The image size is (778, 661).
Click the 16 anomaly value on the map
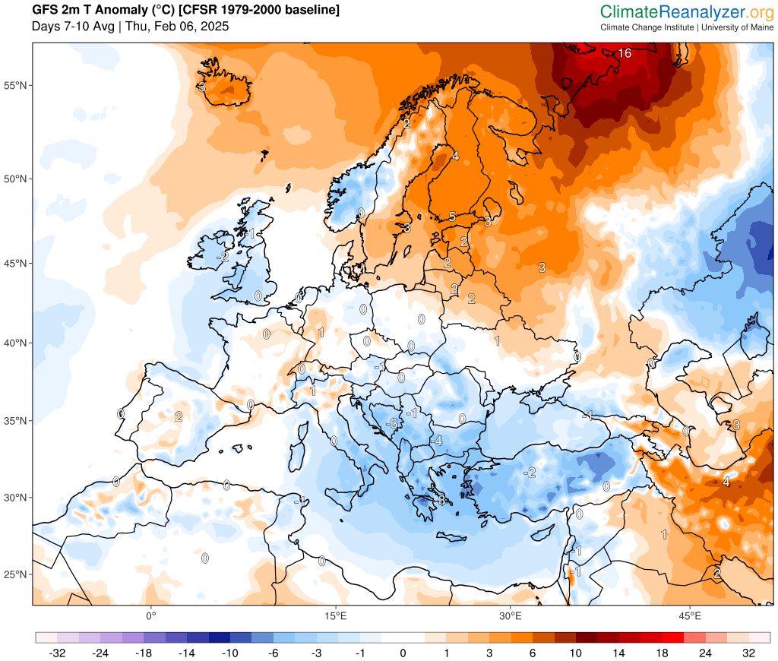pos(625,53)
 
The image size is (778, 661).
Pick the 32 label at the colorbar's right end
pos(748,653)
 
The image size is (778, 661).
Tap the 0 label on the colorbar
pos(403,653)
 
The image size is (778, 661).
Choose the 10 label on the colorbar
pos(575,653)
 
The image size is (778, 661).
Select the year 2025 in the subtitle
pos(215,27)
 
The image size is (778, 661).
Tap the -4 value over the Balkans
pos(436,441)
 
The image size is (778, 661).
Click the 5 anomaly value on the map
pos(452,217)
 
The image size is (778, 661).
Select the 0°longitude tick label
pos(150,615)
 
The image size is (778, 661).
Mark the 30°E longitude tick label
pos(511,615)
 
